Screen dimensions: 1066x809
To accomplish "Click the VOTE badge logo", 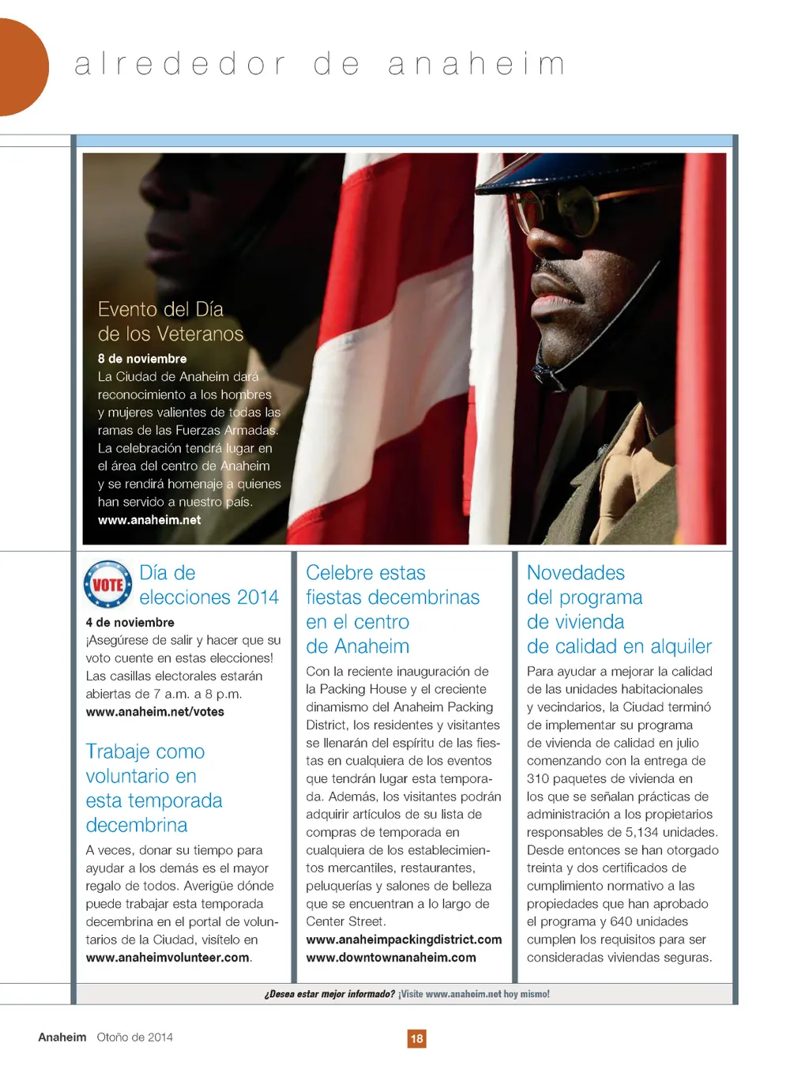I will (x=108, y=584).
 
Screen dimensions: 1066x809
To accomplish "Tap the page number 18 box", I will (x=416, y=1038).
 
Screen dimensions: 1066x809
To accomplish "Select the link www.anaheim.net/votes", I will (x=155, y=712).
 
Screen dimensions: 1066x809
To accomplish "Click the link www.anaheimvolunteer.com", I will (x=167, y=958).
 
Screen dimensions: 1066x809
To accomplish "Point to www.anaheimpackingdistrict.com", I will (x=404, y=940).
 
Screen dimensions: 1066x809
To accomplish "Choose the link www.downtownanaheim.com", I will (x=391, y=958).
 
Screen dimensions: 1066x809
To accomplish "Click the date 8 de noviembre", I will (x=142, y=359).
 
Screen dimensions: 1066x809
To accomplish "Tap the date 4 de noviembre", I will (x=130, y=623).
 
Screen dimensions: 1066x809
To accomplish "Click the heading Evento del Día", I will (x=160, y=309).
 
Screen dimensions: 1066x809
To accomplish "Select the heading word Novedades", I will (x=576, y=573).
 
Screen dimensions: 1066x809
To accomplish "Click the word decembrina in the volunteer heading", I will (x=137, y=826).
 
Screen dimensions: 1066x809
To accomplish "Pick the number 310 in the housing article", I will (x=538, y=778).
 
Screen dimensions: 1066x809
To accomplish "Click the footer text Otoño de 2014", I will (x=134, y=1038).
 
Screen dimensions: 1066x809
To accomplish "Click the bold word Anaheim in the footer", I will (x=62, y=1038).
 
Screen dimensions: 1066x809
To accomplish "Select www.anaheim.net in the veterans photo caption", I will (x=149, y=520).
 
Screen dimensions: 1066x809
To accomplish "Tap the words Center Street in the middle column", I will (x=344, y=921).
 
